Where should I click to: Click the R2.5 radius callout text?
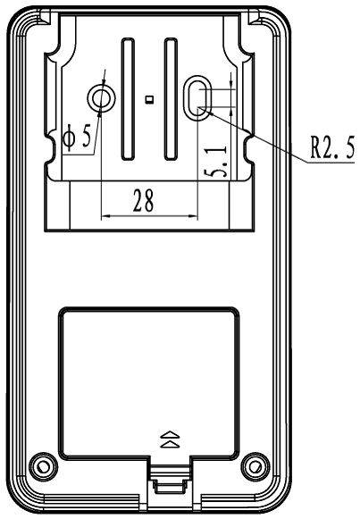[332, 146]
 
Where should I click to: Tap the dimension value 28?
[143, 200]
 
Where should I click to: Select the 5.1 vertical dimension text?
[215, 161]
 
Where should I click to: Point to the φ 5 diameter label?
[77, 136]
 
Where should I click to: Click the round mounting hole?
[102, 98]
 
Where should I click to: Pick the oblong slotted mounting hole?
[197, 98]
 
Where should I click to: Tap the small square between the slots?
[149, 99]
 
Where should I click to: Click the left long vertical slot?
[128, 99]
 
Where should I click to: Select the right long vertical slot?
[171, 99]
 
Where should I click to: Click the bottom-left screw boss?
[43, 466]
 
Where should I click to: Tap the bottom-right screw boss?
[255, 466]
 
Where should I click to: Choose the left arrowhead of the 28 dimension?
[105, 216]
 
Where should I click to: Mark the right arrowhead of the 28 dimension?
[193, 216]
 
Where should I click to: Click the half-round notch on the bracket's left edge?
[50, 147]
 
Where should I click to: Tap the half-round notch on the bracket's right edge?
[249, 148]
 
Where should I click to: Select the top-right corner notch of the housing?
[254, 17]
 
